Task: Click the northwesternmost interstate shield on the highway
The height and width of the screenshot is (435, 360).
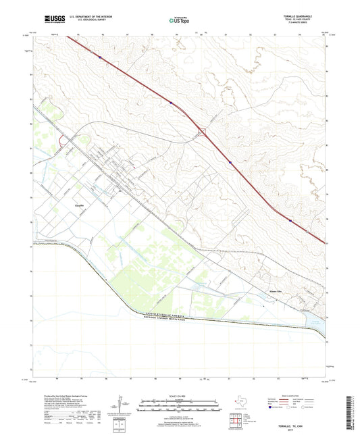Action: pos(101,57)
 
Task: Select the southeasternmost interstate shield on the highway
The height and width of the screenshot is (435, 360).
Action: pos(290,220)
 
